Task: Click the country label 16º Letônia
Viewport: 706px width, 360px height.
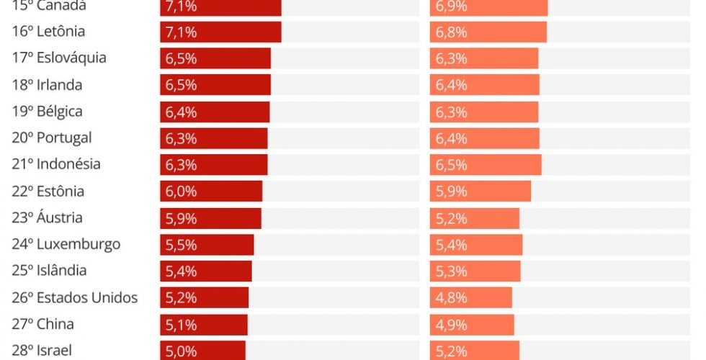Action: point(48,32)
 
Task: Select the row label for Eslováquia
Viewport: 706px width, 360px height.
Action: point(59,58)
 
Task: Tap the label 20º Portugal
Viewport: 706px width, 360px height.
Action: point(52,138)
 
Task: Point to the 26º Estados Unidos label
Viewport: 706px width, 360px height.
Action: point(74,297)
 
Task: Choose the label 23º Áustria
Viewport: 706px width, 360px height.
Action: point(48,217)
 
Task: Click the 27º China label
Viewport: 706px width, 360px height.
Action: point(43,324)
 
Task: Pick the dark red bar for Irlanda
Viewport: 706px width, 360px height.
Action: point(215,85)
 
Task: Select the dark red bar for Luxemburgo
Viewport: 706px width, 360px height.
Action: point(207,245)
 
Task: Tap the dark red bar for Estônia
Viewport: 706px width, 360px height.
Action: point(211,192)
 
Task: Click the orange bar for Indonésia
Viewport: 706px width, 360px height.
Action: point(485,165)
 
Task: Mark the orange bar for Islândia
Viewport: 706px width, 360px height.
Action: point(475,271)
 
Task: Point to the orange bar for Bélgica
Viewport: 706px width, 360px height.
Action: point(483,112)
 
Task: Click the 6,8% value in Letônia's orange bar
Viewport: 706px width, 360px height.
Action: point(451,32)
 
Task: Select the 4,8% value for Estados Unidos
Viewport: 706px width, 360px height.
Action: point(451,298)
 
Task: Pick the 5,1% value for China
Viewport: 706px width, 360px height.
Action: point(181,325)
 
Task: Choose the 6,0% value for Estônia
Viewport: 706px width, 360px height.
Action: point(181,192)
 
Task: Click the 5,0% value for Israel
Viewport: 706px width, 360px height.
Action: point(181,351)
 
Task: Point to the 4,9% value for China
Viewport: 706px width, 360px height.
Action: point(451,325)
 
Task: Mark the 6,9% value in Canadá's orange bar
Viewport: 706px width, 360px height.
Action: point(451,6)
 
